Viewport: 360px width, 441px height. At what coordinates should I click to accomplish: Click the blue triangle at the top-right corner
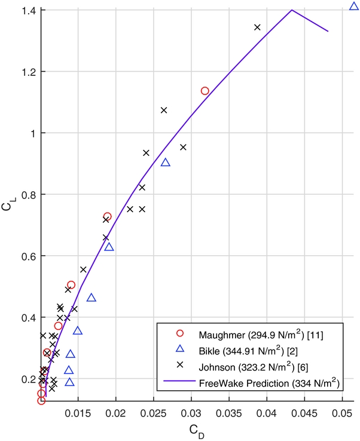click(353, 7)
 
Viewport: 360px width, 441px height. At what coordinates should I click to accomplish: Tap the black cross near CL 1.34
click(257, 27)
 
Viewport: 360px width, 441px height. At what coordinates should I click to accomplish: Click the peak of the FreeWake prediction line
click(291, 10)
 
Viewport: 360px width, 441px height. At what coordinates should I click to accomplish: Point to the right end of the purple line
click(328, 31)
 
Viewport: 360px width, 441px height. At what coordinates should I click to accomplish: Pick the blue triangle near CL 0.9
click(166, 163)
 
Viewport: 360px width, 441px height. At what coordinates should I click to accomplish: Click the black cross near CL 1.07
click(164, 110)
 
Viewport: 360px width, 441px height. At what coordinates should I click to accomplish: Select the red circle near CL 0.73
click(108, 216)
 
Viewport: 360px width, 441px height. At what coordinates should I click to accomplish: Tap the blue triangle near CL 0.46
click(91, 298)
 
